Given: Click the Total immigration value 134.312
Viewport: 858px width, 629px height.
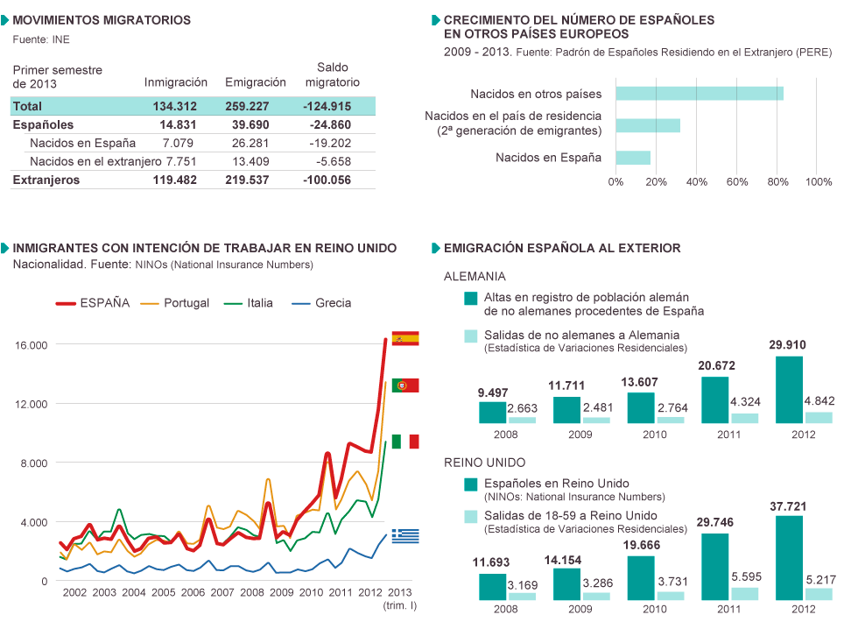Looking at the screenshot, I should (x=175, y=106).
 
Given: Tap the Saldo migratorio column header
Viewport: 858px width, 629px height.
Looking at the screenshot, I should (x=332, y=74).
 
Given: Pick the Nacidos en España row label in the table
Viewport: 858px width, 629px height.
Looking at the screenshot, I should (x=82, y=143).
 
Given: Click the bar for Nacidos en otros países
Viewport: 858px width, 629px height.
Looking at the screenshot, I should (x=699, y=94).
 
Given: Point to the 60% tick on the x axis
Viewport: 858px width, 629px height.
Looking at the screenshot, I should (x=737, y=182).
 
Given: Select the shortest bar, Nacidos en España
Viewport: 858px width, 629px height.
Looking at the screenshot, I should (x=633, y=158).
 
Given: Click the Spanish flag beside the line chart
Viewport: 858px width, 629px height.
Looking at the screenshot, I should (x=405, y=337).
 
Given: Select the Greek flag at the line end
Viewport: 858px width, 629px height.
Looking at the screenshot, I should (x=405, y=534).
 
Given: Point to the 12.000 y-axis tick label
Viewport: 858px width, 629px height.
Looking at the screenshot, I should (x=31, y=404).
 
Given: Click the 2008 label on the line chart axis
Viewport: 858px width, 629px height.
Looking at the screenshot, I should (x=252, y=593).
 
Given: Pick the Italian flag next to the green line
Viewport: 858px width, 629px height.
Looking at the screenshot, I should (x=405, y=442).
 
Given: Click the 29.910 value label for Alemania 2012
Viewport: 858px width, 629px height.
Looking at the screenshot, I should (x=790, y=344).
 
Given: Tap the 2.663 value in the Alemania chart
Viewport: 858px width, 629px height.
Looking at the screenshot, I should (x=523, y=408).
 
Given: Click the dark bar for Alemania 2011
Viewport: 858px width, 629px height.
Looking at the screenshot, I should (x=714, y=399).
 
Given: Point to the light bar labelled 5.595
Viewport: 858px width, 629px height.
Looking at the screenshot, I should (x=745, y=593).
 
